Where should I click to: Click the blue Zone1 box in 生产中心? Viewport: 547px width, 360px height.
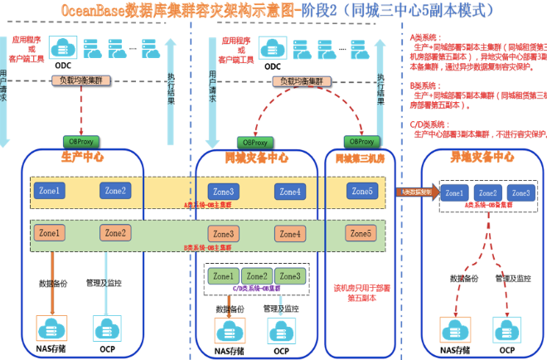[49, 191]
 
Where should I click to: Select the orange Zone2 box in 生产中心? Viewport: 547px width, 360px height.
[115, 233]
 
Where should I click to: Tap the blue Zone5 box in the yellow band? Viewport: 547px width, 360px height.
[361, 191]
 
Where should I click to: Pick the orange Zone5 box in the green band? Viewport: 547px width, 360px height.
[361, 234]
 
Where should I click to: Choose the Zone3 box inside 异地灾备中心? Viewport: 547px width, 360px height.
[519, 192]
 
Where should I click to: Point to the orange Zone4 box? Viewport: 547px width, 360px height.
[290, 234]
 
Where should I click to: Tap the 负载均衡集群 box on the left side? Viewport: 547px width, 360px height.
[80, 80]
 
